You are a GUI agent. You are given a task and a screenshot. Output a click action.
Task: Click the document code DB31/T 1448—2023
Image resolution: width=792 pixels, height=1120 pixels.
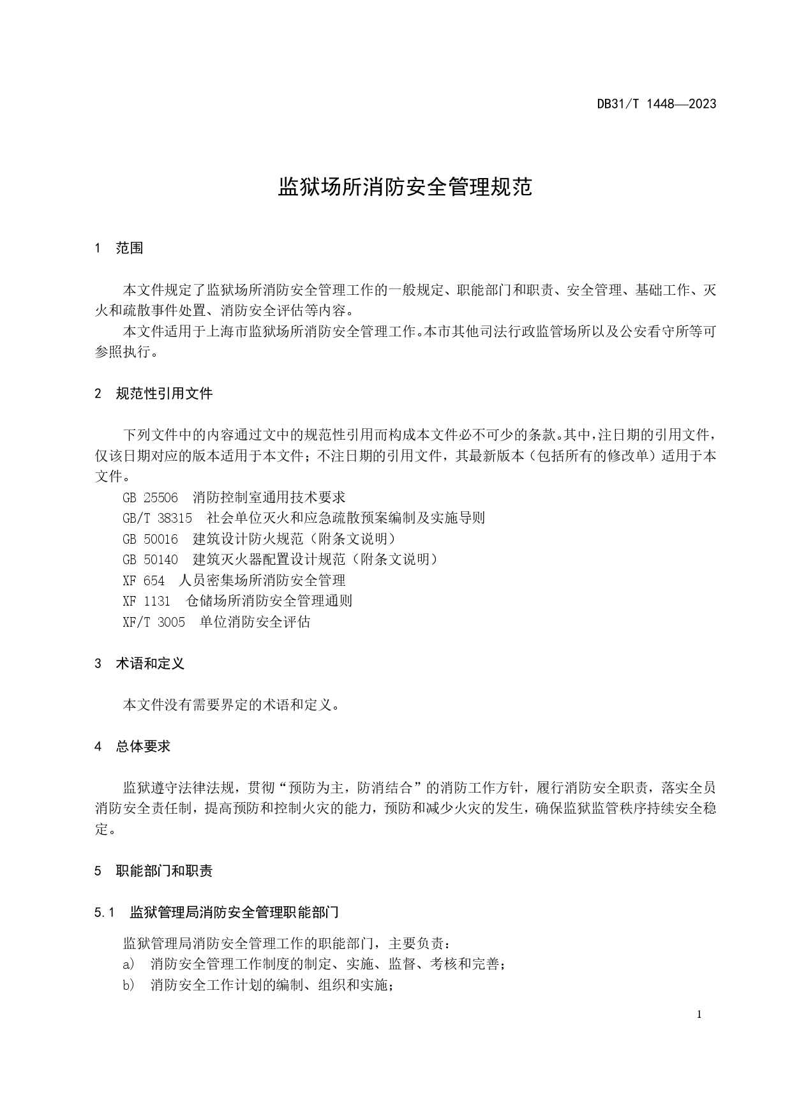pyautogui.click(x=656, y=104)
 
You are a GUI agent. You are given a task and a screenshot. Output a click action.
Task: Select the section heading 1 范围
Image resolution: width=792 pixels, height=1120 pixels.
pyautogui.click(x=119, y=248)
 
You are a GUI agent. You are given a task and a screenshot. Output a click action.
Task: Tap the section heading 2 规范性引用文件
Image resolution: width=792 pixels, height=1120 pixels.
pyautogui.click(x=154, y=393)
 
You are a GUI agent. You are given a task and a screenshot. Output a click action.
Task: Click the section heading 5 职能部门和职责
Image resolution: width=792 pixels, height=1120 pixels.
pyautogui.click(x=154, y=870)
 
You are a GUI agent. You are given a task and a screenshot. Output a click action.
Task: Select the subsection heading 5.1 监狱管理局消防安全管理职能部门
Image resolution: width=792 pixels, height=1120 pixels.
pyautogui.click(x=216, y=912)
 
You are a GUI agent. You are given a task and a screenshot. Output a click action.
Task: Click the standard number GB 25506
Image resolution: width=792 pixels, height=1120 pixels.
pyautogui.click(x=150, y=497)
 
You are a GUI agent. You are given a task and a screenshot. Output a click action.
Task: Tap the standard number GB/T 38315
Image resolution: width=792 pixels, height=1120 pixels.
pyautogui.click(x=157, y=518)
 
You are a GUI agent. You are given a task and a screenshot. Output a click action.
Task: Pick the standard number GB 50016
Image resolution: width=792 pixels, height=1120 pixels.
pyautogui.click(x=150, y=539)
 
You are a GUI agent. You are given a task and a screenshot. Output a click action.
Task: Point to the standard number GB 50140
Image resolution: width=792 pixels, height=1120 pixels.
pyautogui.click(x=150, y=559)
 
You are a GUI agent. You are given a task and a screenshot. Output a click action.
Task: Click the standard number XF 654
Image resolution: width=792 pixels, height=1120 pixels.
pyautogui.click(x=144, y=580)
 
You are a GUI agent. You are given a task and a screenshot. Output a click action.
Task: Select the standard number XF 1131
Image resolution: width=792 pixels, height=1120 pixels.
pyautogui.click(x=147, y=601)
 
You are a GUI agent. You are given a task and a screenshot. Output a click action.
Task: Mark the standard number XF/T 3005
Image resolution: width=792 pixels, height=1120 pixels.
pyautogui.click(x=154, y=622)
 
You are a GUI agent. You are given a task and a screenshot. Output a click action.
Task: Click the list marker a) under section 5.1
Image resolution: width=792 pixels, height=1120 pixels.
pyautogui.click(x=128, y=964)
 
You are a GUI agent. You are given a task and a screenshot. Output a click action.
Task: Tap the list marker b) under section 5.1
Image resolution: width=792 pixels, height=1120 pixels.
pyautogui.click(x=128, y=985)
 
